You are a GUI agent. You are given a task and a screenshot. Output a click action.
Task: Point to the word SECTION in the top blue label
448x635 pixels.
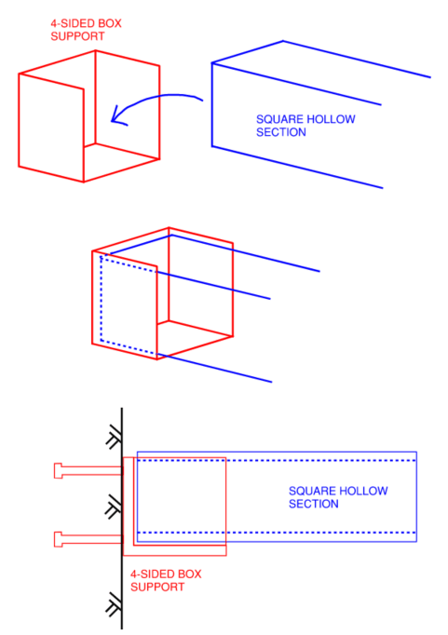(280, 132)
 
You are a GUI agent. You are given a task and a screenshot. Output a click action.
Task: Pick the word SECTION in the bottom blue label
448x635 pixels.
(313, 504)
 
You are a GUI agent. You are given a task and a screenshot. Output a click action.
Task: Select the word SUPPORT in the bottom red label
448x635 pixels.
(152, 587)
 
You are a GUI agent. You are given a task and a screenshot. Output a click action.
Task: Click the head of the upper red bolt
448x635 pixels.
(59, 470)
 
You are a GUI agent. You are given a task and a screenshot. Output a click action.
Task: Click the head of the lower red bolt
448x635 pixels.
(59, 537)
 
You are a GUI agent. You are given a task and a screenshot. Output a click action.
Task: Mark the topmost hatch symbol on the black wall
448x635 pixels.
(114, 439)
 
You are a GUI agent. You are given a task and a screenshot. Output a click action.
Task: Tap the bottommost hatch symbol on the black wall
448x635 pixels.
(114, 606)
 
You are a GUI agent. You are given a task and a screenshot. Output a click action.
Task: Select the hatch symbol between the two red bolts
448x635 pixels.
(114, 507)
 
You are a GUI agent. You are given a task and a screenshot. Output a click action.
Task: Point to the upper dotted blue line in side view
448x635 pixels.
(279, 460)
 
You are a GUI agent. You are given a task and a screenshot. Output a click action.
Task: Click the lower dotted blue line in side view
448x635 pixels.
(279, 532)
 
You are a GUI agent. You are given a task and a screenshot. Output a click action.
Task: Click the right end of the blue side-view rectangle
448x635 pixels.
(416, 496)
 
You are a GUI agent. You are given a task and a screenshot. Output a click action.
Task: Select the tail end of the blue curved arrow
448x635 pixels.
(200, 98)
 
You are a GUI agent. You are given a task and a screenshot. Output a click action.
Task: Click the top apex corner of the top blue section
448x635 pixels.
(283, 41)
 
